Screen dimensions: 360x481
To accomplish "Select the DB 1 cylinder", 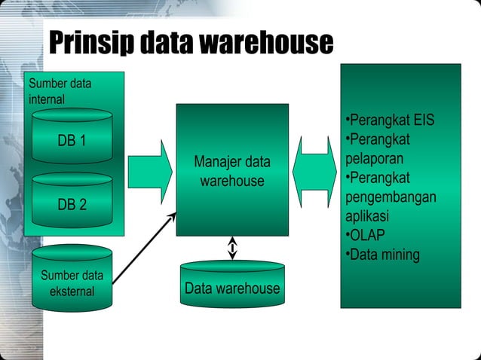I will coord(72,141).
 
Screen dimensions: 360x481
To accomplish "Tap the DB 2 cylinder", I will coord(72,203).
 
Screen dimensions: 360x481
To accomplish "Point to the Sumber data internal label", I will coord(59,90).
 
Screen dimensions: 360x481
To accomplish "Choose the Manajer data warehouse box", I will coord(232,169).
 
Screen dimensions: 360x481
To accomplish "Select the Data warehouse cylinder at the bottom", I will coord(232,287).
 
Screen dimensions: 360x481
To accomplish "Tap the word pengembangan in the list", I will coord(391,197).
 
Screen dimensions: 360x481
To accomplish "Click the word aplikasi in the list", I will coord(366,215).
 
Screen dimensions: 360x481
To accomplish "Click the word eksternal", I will coord(72,291).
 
